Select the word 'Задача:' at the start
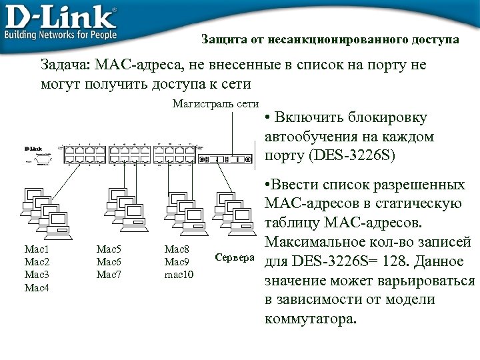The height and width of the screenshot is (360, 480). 66,66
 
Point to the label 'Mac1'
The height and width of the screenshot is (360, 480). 36,249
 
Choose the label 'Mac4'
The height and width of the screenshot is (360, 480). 37,287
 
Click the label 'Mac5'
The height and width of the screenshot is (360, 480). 109,249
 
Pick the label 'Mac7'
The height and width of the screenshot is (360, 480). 109,274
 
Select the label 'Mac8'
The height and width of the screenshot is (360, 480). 177,249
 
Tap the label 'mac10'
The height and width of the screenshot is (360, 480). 179,274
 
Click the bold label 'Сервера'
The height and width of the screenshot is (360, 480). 235,257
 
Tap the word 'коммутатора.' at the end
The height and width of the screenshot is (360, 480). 311,318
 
